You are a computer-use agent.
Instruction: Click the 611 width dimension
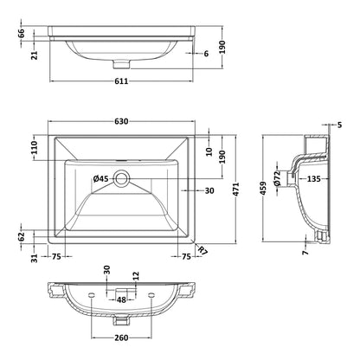[x=121, y=81]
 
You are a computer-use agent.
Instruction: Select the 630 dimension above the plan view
[x=121, y=121]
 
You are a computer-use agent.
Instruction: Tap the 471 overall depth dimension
[x=236, y=190]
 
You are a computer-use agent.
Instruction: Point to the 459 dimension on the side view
[x=262, y=188]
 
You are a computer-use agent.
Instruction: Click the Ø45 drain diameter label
[x=100, y=179]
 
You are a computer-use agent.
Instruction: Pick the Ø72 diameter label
[x=277, y=178]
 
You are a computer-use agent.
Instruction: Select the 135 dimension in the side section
[x=313, y=179]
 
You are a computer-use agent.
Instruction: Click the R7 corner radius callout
[x=203, y=250]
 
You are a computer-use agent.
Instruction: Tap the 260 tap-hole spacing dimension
[x=121, y=337]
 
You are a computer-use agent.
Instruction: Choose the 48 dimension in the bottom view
[x=121, y=300]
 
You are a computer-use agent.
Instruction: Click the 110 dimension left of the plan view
[x=35, y=148]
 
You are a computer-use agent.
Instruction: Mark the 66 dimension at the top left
[x=22, y=34]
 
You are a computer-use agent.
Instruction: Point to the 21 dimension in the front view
[x=35, y=55]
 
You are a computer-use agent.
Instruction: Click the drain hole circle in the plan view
[x=121, y=178]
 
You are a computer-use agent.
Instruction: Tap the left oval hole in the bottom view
[x=92, y=295]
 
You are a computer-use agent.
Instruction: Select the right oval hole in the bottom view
[x=151, y=295]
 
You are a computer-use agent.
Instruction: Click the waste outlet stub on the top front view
[x=121, y=64]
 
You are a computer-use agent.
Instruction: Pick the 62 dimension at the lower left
[x=22, y=236]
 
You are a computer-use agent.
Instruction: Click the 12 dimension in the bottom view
[x=136, y=276]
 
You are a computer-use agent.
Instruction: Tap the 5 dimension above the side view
[x=339, y=125]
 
